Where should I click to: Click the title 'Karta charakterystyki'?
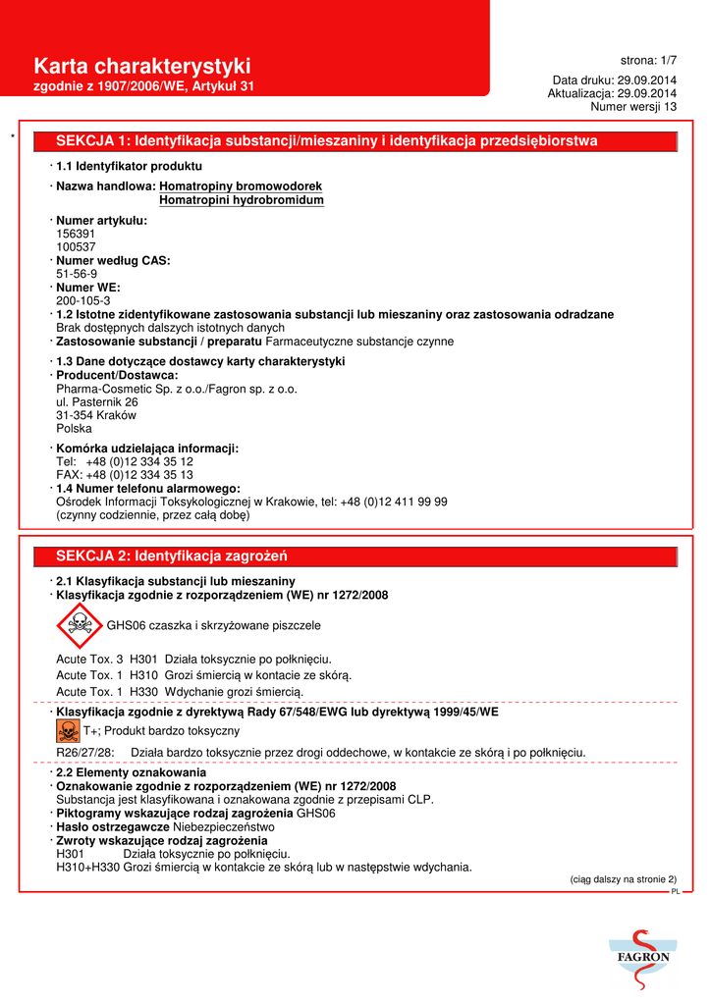coord(142,66)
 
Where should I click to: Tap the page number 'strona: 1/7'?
coord(648,61)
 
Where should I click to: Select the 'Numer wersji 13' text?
coord(633,106)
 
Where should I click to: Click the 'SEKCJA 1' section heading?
coord(326,141)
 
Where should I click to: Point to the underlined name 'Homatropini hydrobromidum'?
coord(242,200)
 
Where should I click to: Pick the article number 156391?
coord(77,235)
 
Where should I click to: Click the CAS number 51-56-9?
coord(77,275)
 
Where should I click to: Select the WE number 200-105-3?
coord(83,301)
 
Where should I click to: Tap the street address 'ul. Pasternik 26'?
coord(97,402)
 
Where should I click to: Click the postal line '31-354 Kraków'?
coord(96,415)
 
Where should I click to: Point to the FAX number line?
coord(125,475)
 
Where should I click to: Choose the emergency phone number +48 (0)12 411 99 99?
coord(394,502)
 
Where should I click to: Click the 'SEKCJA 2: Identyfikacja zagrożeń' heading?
coord(171,556)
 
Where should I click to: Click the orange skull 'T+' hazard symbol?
coord(68,730)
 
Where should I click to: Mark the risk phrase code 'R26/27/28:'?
coord(85,753)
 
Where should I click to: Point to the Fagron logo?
coord(643,953)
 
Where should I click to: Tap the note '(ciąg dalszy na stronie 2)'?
coord(624,879)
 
